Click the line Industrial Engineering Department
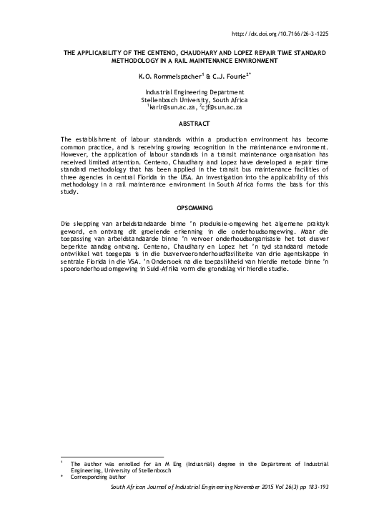click(x=195, y=93)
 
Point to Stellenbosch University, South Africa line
click(x=195, y=101)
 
